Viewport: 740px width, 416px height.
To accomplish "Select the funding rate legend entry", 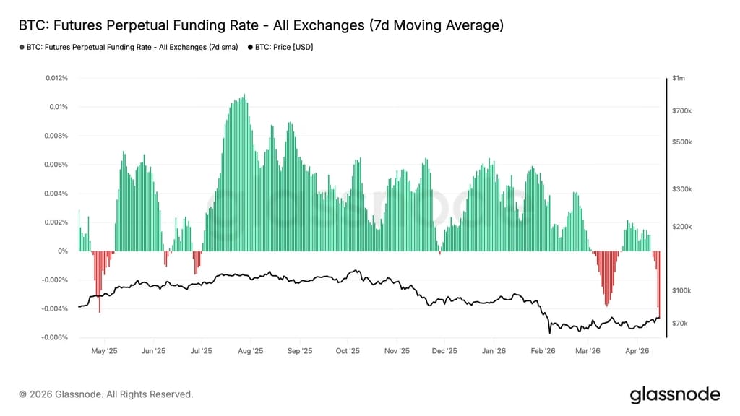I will (130, 47).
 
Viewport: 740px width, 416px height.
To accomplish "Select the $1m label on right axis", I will (679, 78).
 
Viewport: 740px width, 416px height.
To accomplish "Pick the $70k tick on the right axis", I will (681, 324).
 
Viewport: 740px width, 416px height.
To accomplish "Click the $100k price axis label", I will (682, 290).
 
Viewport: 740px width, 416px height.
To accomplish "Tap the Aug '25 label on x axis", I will (249, 351).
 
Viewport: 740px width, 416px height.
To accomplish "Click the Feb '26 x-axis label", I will (543, 351).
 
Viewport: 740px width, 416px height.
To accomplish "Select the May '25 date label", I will (104, 351).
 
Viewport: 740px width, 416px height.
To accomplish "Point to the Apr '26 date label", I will (638, 351).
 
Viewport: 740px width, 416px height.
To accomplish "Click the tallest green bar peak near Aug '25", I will (244, 95).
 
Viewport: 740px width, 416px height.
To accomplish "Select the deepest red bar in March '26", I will (607, 305).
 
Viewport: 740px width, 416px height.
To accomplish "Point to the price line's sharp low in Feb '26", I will (549, 333).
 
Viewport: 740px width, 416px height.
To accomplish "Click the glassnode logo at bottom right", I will (674, 394).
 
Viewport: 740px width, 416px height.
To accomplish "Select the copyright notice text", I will (106, 394).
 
